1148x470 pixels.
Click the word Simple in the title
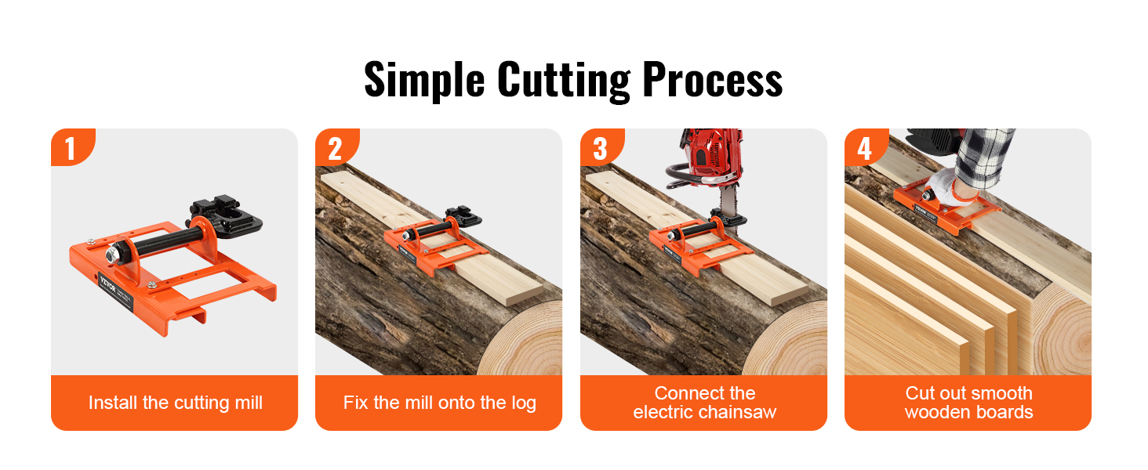(424, 80)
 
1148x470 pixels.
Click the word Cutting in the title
(563, 80)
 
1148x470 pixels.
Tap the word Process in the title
(712, 80)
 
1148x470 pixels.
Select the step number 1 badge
(73, 147)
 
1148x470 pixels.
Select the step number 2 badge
(337, 147)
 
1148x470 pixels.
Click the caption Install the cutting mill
(176, 403)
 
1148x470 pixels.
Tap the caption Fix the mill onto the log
(440, 403)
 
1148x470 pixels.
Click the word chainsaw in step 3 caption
(736, 412)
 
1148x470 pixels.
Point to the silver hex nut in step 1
(112, 255)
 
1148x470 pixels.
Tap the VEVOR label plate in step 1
(116, 294)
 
